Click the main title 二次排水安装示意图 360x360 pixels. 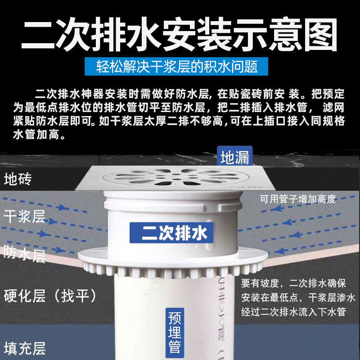click(180, 34)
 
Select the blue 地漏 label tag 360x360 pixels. click(234, 157)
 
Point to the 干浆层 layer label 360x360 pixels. click(24, 216)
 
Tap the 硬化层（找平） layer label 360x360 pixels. click(50, 296)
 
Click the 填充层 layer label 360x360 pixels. click(24, 348)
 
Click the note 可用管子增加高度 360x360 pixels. click(297, 199)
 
